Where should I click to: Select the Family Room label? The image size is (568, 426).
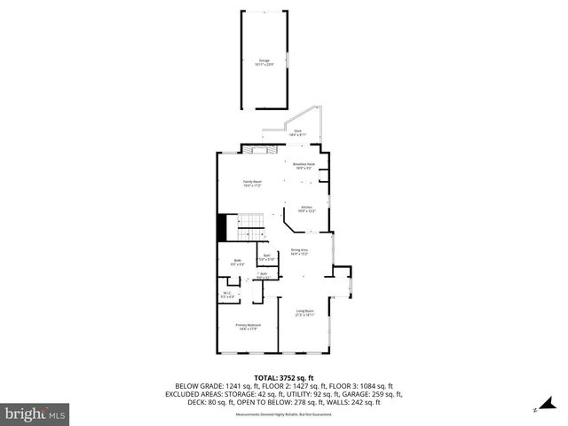pos(253,184)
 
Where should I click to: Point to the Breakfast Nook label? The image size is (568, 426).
pos(305,166)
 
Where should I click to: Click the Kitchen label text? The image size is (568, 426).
pos(306,209)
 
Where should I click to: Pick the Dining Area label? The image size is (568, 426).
pos(299,252)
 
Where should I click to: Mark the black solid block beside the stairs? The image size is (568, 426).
pos(222,228)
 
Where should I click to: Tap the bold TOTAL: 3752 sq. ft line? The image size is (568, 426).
pos(283,379)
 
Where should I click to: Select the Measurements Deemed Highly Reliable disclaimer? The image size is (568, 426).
pos(283,414)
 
